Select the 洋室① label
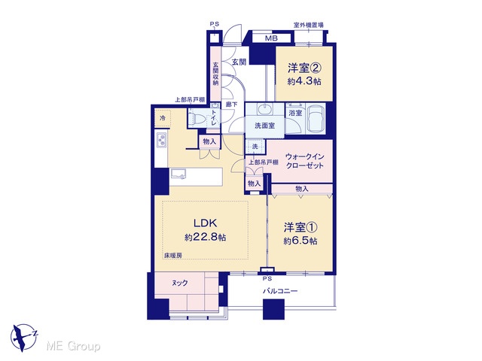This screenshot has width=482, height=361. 300,227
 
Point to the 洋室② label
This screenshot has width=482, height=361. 304,68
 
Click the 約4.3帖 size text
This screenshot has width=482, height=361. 304,81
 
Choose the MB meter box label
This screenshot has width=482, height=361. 271,38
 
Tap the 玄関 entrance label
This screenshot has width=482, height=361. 239,62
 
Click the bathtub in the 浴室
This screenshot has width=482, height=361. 316,119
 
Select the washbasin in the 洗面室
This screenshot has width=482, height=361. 264,108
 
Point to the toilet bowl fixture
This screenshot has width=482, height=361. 197,118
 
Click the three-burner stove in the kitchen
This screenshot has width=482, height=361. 161,141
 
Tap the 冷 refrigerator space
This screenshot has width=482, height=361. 163,118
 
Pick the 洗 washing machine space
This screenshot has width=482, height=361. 255,147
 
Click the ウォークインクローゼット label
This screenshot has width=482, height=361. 304,161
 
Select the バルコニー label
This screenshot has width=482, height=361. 280,291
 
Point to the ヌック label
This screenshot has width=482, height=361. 179,283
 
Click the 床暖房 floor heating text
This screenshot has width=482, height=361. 172,255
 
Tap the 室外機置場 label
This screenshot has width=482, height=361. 308,25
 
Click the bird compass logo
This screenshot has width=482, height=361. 24,338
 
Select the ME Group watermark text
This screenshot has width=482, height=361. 73,347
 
